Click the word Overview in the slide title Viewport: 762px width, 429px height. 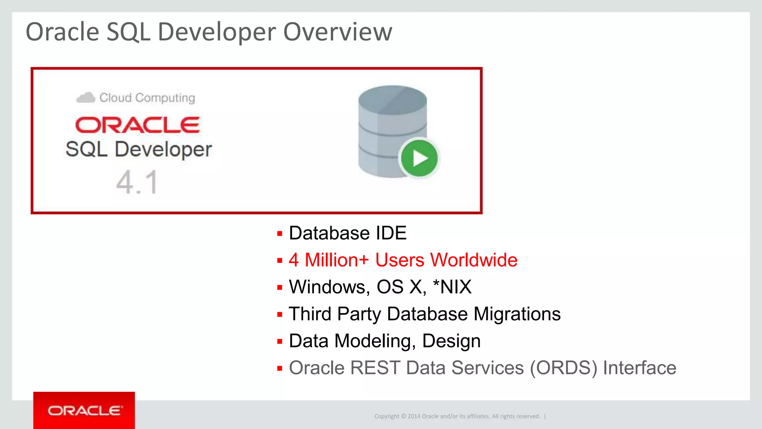(x=337, y=32)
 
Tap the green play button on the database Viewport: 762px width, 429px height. (x=419, y=158)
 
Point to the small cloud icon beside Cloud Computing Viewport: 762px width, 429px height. (x=86, y=98)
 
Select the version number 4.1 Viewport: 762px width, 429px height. (x=137, y=182)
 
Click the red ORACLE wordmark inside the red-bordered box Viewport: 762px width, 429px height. (x=137, y=125)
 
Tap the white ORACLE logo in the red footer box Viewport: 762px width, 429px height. (x=84, y=411)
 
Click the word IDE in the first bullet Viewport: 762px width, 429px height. (x=391, y=233)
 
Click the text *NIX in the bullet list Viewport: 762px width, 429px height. (x=452, y=287)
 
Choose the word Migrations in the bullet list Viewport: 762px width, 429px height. (x=517, y=314)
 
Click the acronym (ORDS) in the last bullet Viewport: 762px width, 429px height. (x=563, y=368)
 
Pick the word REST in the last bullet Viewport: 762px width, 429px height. (x=375, y=368)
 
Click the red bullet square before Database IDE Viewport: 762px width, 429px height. (x=280, y=234)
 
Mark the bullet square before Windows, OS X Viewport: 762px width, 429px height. (x=280, y=287)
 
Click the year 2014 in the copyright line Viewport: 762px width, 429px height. (x=414, y=416)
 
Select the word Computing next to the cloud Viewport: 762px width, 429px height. (x=165, y=98)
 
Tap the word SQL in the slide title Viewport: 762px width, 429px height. (x=128, y=32)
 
